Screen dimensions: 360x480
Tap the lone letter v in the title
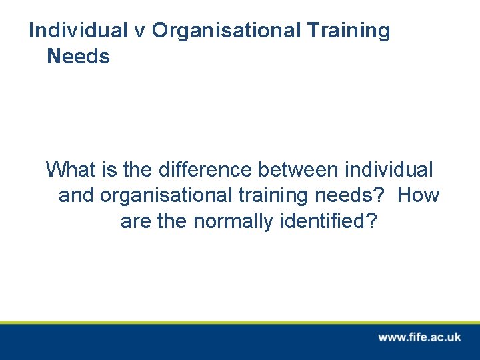click(x=140, y=31)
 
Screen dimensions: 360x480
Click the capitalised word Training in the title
click(x=349, y=31)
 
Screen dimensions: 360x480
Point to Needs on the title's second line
click(x=78, y=57)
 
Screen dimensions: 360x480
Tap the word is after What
click(x=110, y=170)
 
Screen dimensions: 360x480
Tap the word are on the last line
click(x=137, y=221)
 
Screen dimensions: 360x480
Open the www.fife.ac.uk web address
click(x=419, y=337)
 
